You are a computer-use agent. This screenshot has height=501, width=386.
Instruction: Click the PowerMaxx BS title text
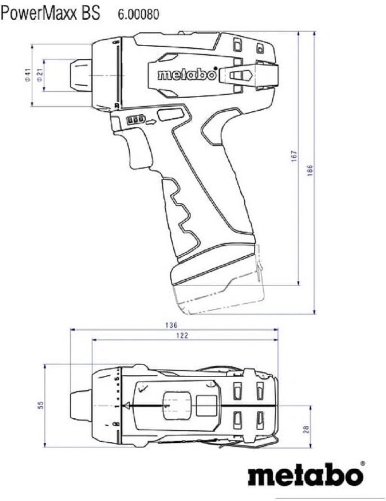(x=50, y=13)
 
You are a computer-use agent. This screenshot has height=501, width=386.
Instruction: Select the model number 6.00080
(x=138, y=15)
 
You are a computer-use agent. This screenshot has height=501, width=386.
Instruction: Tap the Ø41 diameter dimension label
(x=28, y=76)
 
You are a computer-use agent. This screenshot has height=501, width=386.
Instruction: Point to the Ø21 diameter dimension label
(x=40, y=76)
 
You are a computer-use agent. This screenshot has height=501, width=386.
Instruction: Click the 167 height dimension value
(x=294, y=156)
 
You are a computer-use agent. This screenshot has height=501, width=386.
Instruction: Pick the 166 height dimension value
(x=310, y=171)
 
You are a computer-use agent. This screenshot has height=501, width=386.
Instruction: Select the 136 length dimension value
(x=171, y=325)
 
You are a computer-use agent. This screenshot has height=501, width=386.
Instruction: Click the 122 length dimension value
(x=182, y=335)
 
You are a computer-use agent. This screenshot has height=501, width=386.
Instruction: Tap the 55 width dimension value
(x=41, y=405)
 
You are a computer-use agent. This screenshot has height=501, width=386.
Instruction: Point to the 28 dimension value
(x=306, y=429)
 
